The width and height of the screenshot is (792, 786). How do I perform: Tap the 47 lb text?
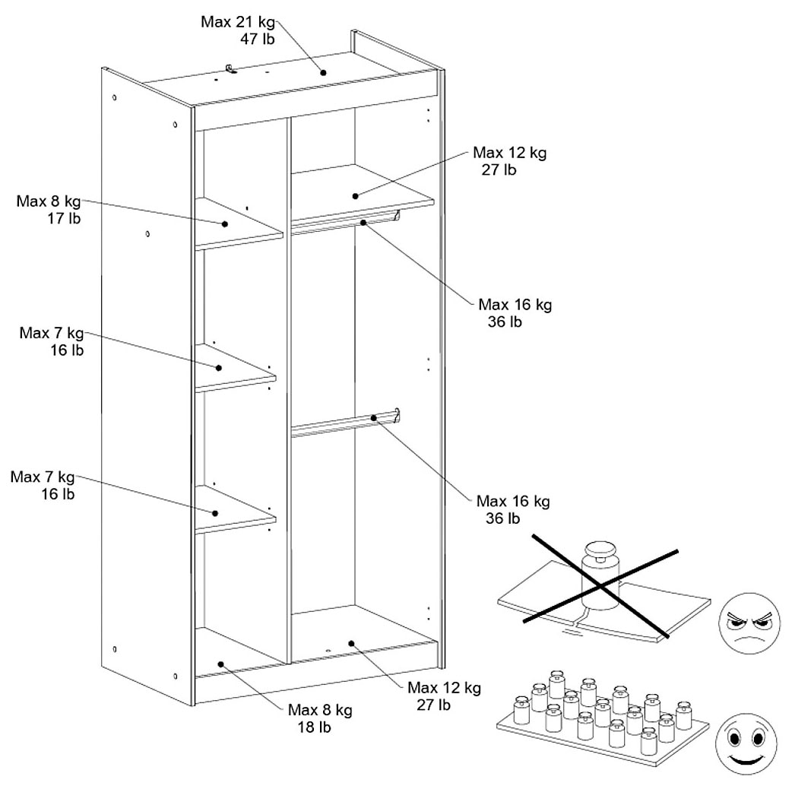[x=257, y=40]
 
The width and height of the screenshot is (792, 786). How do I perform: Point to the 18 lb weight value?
[x=317, y=727]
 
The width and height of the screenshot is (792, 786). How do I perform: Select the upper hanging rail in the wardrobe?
[x=347, y=223]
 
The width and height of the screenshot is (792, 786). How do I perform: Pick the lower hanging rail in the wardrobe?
[x=347, y=423]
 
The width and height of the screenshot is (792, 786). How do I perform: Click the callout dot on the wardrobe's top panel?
[x=323, y=73]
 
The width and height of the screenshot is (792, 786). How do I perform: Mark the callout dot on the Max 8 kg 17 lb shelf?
[x=226, y=224]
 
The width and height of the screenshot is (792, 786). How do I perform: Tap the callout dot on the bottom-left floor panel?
[x=220, y=664]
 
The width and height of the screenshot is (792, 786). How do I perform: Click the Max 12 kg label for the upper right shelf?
[x=508, y=153]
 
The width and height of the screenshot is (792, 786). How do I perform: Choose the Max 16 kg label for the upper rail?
[x=515, y=305]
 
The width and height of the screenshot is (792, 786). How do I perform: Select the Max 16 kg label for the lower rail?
[x=512, y=502]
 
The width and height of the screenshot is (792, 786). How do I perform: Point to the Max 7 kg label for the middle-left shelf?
[x=52, y=333]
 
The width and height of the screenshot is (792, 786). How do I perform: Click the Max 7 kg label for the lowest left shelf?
[x=43, y=477]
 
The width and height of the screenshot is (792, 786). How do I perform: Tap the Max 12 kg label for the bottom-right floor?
[x=444, y=688]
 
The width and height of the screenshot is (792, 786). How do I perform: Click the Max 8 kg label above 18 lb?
[x=320, y=710]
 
